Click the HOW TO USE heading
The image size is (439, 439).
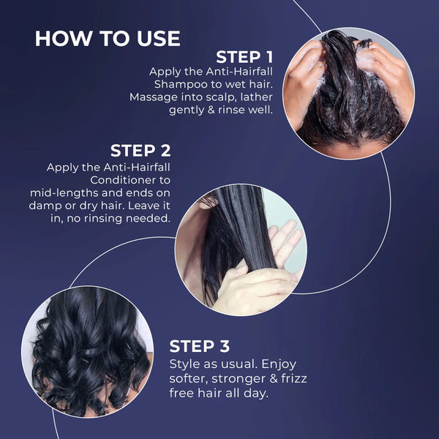108,38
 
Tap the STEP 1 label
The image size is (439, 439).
244,57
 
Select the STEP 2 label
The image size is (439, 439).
140,151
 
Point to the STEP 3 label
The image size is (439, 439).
199,346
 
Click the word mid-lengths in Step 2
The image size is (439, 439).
64,193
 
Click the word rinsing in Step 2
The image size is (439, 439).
103,219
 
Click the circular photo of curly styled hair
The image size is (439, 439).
87,352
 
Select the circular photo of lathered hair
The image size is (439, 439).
348,93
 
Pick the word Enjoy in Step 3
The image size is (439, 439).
279,364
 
